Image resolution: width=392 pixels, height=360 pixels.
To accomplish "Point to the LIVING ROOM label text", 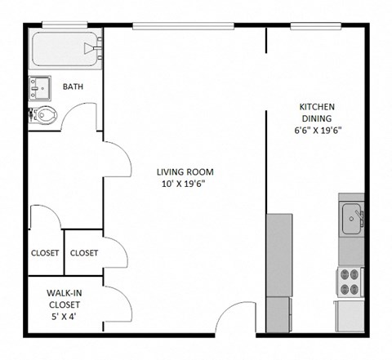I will tap(185, 171).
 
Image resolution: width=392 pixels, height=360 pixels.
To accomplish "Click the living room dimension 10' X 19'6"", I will tap(185, 184).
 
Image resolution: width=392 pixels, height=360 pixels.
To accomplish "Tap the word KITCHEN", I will tap(317, 107).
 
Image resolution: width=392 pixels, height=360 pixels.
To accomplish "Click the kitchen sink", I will tap(353, 216).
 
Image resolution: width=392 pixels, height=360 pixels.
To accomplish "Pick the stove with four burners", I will tap(350, 281).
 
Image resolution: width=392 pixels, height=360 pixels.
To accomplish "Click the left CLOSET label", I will tap(45, 253).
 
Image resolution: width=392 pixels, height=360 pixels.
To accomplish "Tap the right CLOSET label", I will tap(83, 253).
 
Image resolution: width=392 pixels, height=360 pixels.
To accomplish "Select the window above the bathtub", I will tap(67, 25).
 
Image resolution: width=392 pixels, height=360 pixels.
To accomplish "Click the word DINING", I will tap(317, 119).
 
